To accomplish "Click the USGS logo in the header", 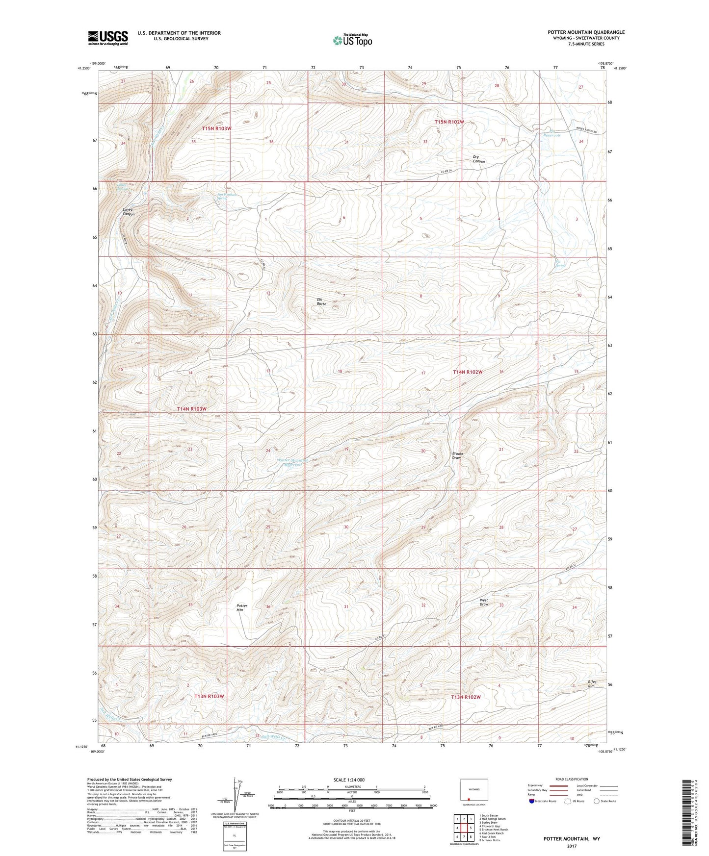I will [x=108, y=38].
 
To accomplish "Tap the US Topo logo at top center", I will [x=351, y=40].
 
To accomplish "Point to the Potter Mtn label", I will [x=242, y=608].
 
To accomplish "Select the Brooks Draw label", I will [x=457, y=455].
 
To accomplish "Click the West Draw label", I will [x=484, y=603].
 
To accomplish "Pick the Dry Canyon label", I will [x=479, y=159].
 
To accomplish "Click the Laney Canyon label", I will [x=128, y=212].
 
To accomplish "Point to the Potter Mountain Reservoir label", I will [x=293, y=462].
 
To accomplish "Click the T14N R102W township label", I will [x=468, y=372].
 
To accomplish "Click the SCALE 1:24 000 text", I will [x=349, y=780].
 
